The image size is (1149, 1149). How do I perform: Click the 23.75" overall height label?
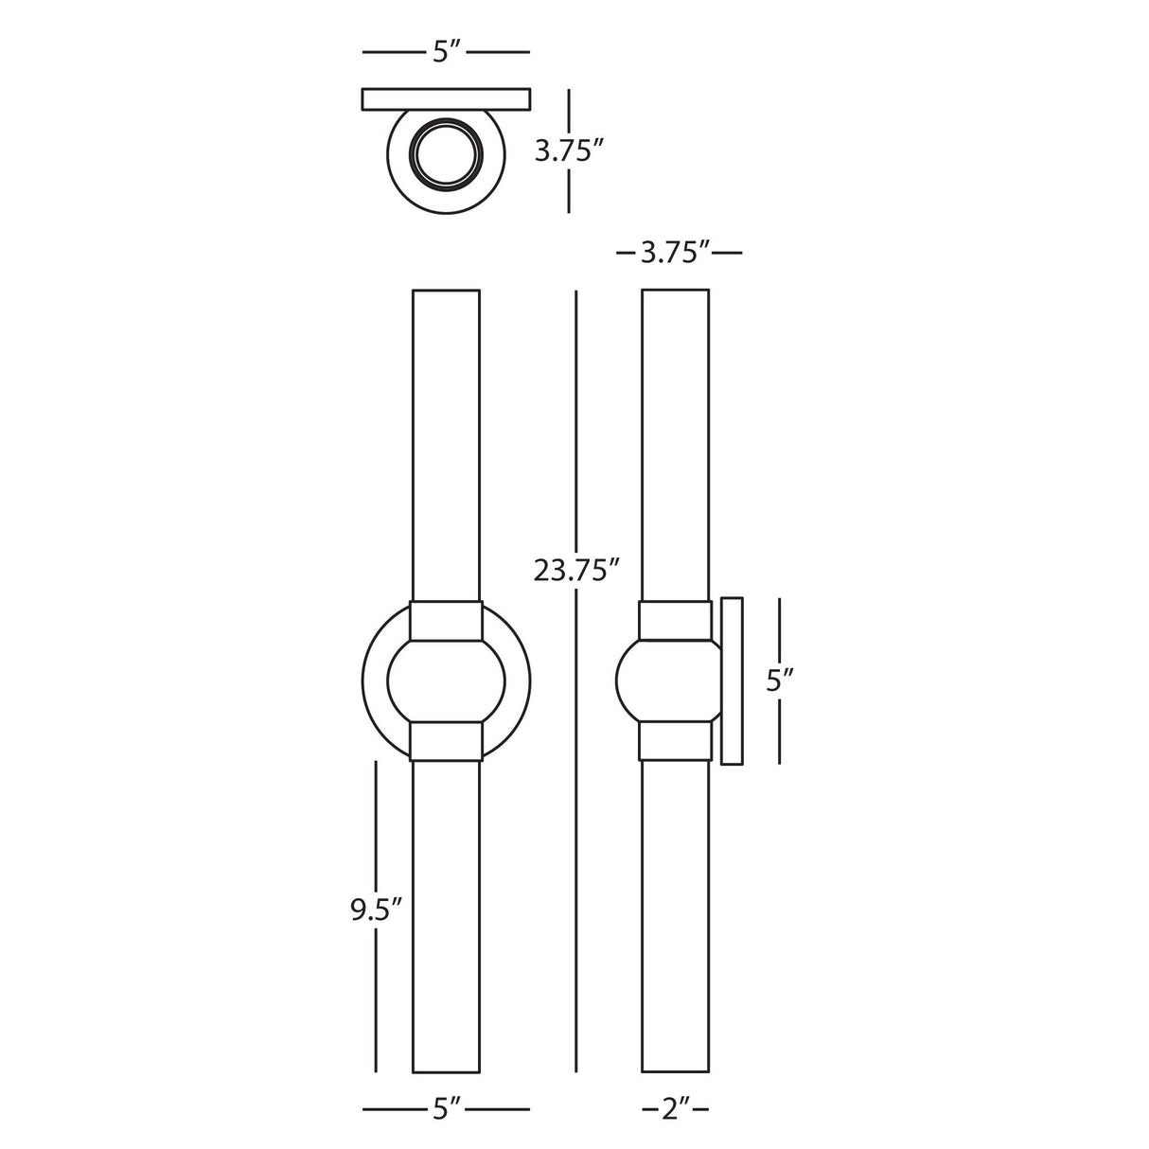[576, 572]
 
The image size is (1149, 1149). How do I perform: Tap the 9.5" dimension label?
[377, 910]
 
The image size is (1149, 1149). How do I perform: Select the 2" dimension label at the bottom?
[676, 1107]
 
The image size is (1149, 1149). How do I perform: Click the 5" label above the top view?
[446, 52]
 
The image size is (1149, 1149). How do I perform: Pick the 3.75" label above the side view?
[678, 253]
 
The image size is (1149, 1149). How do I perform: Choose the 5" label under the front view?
[446, 1107]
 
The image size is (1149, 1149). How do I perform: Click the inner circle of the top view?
[446, 151]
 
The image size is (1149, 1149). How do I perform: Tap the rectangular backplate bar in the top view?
[446, 98]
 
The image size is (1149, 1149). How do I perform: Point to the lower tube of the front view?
[446, 918]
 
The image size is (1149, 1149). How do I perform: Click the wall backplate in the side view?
[732, 681]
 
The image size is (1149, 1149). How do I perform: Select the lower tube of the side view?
[675, 918]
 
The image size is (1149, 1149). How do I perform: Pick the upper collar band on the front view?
[446, 622]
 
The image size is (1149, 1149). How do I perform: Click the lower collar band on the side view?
[675, 741]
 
